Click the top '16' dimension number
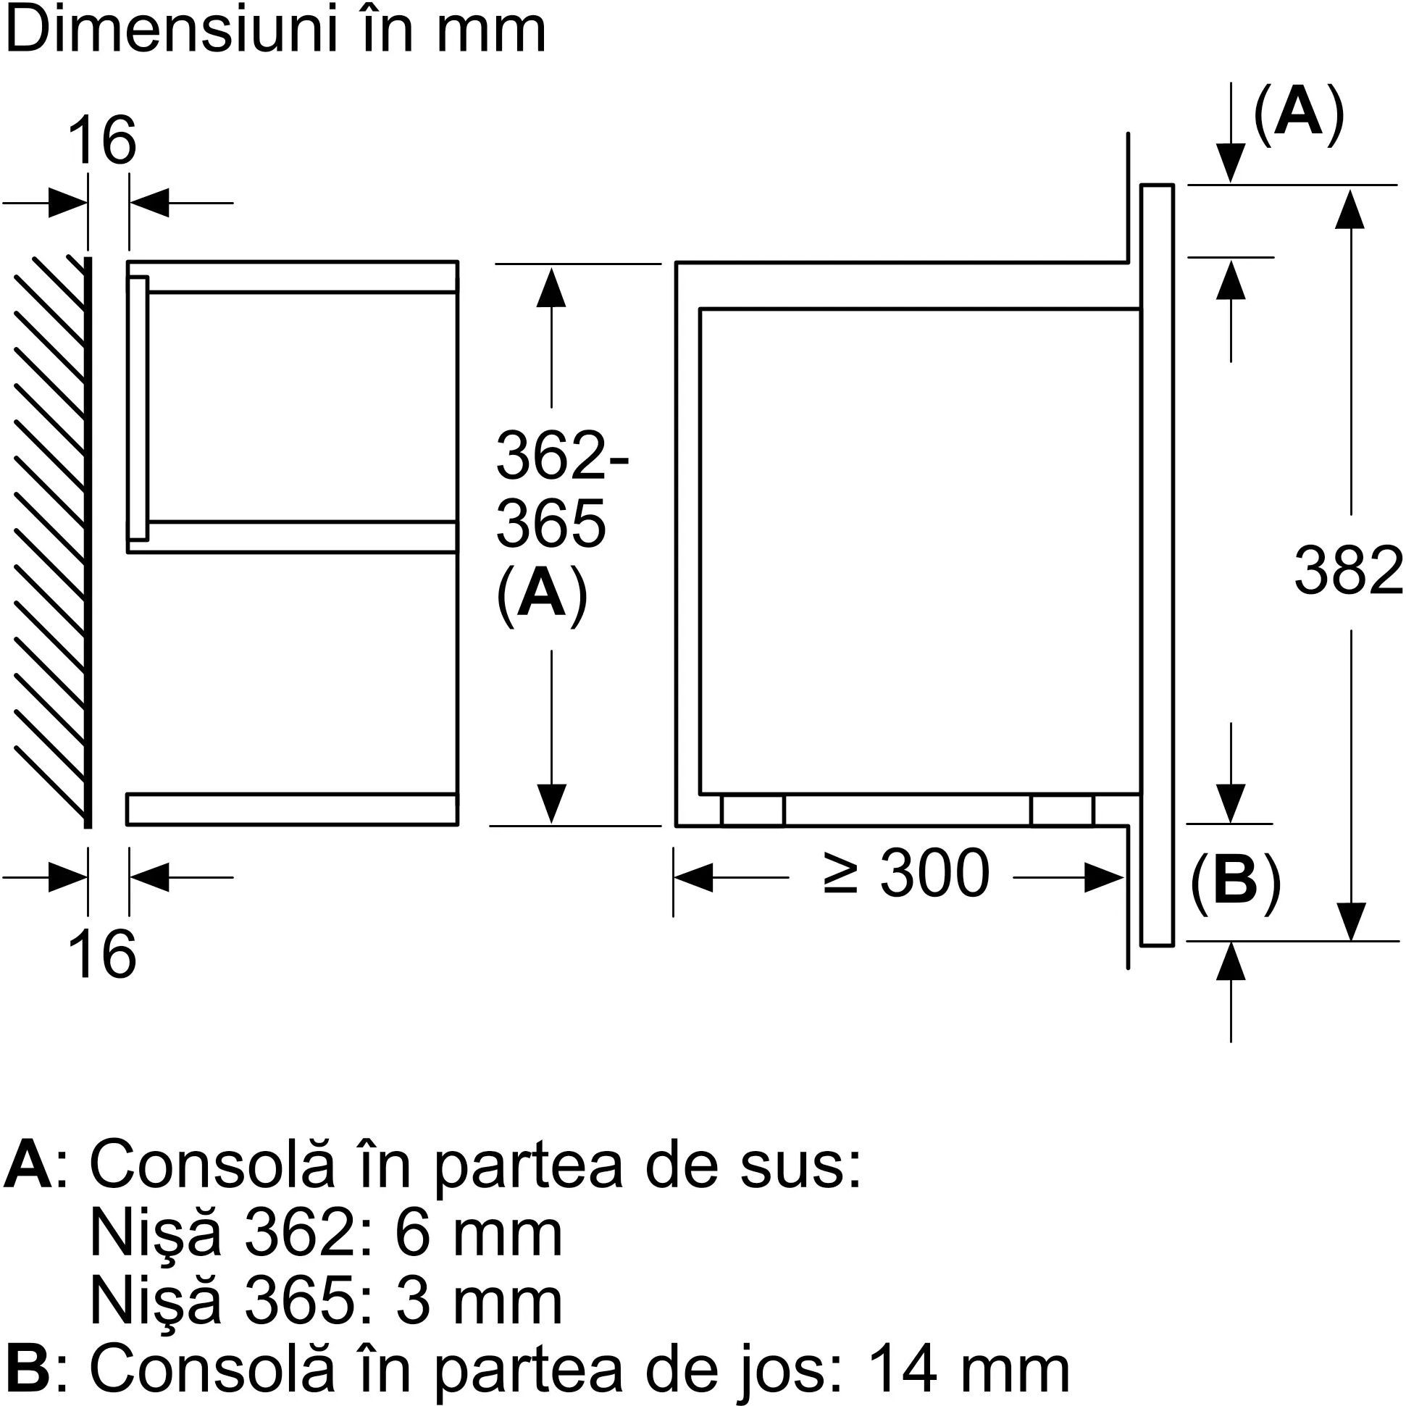click(103, 141)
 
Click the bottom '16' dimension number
click(103, 955)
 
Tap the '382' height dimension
click(1349, 572)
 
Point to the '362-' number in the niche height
click(562, 456)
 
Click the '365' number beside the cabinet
click(551, 524)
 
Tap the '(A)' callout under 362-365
click(541, 593)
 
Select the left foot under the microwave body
click(753, 810)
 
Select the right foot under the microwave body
click(1062, 810)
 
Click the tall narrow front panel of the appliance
click(1157, 565)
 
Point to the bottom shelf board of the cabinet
click(293, 809)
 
